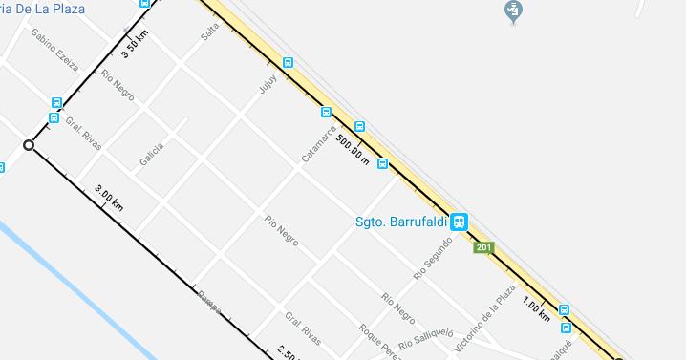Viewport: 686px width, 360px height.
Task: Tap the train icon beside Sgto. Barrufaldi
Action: (460, 222)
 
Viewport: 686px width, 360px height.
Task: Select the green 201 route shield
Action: (484, 249)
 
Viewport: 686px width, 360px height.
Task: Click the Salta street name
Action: (209, 32)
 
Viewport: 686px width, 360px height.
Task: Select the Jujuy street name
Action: (268, 84)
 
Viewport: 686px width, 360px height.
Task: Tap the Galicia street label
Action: (151, 153)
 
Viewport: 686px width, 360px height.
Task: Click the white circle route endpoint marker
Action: (29, 145)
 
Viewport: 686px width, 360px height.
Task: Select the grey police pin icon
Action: (514, 11)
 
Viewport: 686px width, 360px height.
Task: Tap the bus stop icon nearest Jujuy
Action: (289, 63)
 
